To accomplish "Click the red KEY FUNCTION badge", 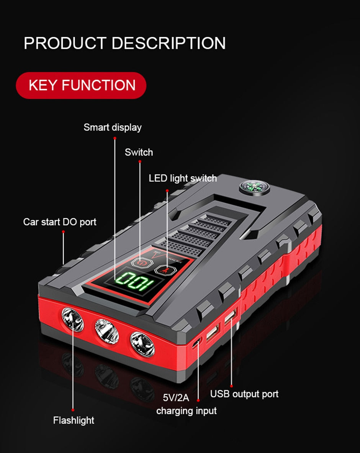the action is [81, 85].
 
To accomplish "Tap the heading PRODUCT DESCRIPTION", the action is [124, 43].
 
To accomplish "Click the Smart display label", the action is [113, 127].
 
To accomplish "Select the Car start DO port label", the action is [60, 222].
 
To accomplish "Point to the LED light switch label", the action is [183, 178].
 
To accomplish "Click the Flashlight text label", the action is [74, 420].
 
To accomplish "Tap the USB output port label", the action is [244, 394].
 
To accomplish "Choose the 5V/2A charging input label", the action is [187, 404].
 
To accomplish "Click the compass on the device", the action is [254, 188].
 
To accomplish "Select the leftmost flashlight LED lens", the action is [73, 319].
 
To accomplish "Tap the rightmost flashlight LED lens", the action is [142, 345].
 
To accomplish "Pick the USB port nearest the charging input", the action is [213, 333].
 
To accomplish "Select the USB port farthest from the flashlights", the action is [231, 317].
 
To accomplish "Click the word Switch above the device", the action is [139, 152].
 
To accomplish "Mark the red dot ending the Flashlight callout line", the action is [73, 410].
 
